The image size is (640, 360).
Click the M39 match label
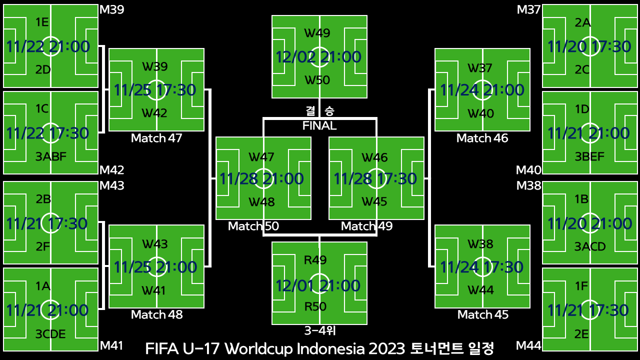click(x=112, y=9)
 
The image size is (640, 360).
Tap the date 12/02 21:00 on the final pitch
click(x=318, y=57)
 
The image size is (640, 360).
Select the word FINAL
click(x=319, y=125)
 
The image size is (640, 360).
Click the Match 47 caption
click(x=156, y=138)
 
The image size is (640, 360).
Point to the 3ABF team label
click(x=51, y=157)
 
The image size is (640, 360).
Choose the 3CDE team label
click(x=50, y=334)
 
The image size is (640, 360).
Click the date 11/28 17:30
click(x=375, y=178)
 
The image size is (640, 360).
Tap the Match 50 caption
click(x=253, y=226)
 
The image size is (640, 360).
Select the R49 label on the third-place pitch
click(x=315, y=260)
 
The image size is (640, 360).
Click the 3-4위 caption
click(x=319, y=330)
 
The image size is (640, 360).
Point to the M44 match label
click(x=528, y=345)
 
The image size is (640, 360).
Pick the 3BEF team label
click(x=589, y=157)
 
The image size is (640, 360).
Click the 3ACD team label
click(x=589, y=246)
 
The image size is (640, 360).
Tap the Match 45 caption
click(x=483, y=314)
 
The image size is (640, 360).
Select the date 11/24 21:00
click(x=482, y=90)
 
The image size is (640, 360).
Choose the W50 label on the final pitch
click(x=317, y=80)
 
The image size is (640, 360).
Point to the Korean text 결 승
click(x=319, y=110)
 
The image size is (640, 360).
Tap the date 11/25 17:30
click(x=155, y=90)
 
